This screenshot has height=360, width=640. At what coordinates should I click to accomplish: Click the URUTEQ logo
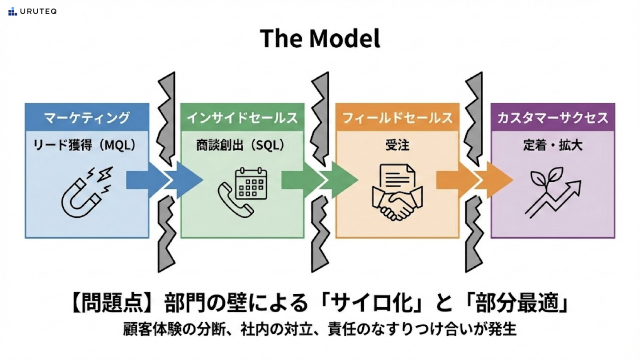click(x=32, y=12)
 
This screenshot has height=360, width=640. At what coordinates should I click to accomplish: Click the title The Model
click(x=320, y=39)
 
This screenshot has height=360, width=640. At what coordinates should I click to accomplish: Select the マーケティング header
click(x=87, y=118)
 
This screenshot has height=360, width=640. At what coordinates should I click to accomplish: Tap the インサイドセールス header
click(x=242, y=118)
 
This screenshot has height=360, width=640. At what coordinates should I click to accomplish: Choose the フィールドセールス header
click(x=397, y=118)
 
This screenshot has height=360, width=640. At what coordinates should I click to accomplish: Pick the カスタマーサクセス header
click(x=553, y=118)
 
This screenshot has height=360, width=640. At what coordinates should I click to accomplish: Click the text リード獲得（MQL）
click(x=84, y=145)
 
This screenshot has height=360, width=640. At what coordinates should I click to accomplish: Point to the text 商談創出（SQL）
click(x=240, y=145)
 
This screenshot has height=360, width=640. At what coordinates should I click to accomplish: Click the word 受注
click(x=397, y=145)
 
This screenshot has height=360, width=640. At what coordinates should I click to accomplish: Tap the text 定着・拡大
click(x=552, y=145)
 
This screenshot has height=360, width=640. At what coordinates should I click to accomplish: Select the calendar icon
click(x=251, y=183)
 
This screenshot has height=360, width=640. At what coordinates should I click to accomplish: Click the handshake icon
click(x=397, y=202)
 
